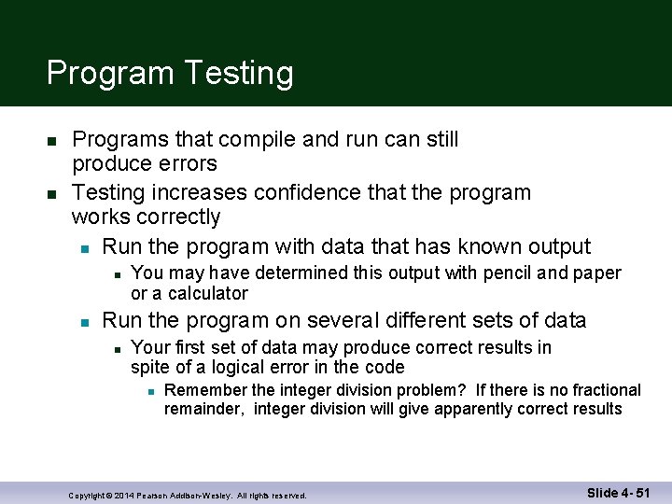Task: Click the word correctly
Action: [x=176, y=217]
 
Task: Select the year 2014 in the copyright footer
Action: [x=124, y=495]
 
